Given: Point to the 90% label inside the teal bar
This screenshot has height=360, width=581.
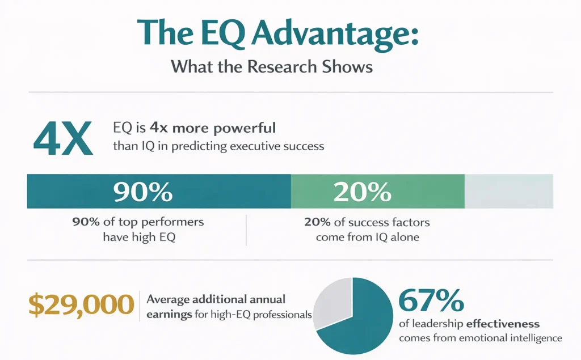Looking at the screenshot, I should pyautogui.click(x=142, y=192).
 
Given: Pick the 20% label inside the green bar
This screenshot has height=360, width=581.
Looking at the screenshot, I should pyautogui.click(x=363, y=192).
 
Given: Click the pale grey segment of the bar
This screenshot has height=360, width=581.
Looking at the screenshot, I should pyautogui.click(x=508, y=192).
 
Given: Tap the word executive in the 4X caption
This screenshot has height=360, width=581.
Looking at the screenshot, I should pyautogui.click(x=251, y=146).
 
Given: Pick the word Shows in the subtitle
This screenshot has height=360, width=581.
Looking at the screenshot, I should pyautogui.click(x=352, y=67).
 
